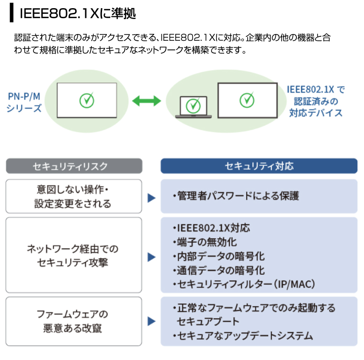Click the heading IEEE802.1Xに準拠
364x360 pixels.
tap(78, 13)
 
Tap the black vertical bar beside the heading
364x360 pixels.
tap(11, 12)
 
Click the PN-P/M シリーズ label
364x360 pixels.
tap(24, 102)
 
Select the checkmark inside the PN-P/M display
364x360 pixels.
tap(87, 100)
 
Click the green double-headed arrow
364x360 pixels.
tap(147, 101)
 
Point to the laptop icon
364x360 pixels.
tap(193, 107)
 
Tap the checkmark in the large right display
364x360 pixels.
tap(247, 100)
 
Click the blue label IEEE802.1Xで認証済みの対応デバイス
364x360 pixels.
tap(316, 101)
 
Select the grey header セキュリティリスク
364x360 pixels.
tap(74, 166)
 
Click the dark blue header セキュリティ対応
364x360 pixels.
tap(259, 166)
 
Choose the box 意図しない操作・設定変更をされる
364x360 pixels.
tap(74, 196)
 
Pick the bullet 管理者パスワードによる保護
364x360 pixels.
tap(236, 196)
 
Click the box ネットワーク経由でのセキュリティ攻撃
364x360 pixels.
tap(74, 255)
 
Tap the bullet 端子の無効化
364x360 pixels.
tap(205, 242)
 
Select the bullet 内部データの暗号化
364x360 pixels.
tap(219, 256)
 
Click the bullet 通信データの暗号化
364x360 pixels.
tap(219, 270)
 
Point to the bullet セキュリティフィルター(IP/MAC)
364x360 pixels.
tap(244, 284)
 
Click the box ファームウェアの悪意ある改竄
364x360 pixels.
tap(74, 321)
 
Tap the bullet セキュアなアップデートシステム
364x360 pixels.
tap(243, 336)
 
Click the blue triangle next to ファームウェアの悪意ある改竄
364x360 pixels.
tap(151, 321)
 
